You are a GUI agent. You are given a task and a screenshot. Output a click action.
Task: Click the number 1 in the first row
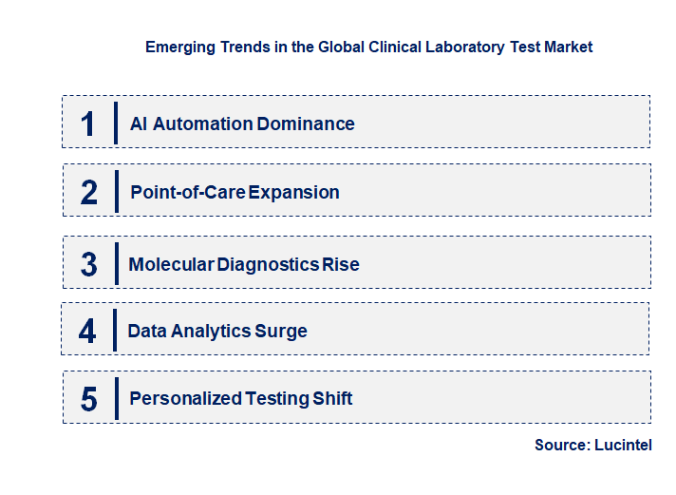(88, 124)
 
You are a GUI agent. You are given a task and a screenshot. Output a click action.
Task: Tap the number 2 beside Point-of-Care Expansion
(89, 193)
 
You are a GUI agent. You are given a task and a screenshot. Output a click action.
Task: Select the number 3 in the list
(89, 264)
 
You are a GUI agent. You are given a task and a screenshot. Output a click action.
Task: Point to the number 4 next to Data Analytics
(87, 331)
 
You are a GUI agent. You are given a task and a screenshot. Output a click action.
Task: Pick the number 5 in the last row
(89, 399)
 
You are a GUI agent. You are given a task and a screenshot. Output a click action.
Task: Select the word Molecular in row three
(171, 264)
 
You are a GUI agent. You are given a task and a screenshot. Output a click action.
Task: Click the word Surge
(281, 331)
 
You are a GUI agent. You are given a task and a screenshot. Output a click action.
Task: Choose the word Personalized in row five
(185, 398)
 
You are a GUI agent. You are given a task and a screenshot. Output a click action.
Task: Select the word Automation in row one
(204, 124)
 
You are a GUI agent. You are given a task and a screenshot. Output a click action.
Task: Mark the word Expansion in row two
(293, 192)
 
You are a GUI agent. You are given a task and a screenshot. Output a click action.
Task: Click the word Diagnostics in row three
(268, 264)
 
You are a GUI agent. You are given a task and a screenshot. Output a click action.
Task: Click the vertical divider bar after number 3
(115, 263)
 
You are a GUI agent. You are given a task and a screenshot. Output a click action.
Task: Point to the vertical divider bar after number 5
(115, 398)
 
